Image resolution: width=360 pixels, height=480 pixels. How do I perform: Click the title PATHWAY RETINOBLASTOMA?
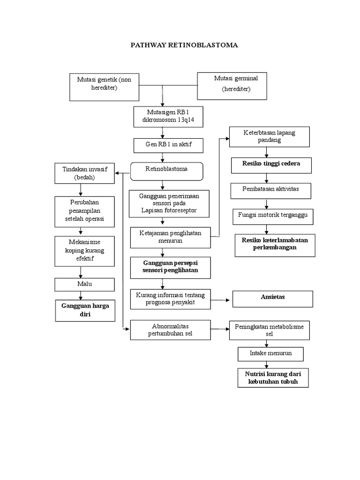tap(184, 45)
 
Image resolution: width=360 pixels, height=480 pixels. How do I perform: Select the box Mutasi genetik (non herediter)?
tap(105, 87)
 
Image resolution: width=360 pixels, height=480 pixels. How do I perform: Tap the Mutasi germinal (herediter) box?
tap(233, 86)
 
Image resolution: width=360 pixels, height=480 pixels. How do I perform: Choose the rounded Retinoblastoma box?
tap(166, 172)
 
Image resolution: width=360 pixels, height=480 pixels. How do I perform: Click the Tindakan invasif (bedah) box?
tap(85, 174)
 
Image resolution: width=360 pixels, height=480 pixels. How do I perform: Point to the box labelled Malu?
tap(84, 285)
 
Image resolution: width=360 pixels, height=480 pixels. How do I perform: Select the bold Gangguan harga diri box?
tap(85, 311)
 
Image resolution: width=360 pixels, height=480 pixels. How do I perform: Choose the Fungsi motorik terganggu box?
tap(266, 216)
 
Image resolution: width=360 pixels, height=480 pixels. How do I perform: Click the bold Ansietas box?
tap(273, 298)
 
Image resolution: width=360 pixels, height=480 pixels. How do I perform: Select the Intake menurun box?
tap(270, 354)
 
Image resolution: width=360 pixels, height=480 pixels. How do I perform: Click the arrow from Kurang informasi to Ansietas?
tap(221, 299)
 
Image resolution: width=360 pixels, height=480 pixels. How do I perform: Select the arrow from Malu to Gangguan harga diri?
tap(81, 295)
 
